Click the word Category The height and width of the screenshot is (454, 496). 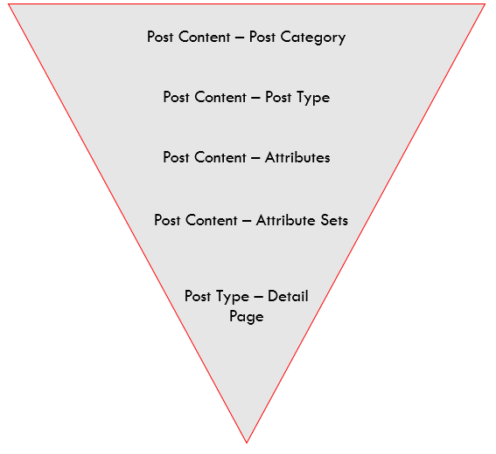tap(313, 38)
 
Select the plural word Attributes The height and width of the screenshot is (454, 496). tap(297, 157)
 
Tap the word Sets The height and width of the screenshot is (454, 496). tap(334, 220)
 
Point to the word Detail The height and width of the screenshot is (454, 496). tap(288, 296)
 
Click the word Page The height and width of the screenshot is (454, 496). tap(247, 317)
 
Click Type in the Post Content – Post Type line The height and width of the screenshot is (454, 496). tap(313, 98)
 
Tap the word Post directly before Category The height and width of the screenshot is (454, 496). tap(262, 37)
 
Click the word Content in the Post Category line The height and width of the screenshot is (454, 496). tap(205, 37)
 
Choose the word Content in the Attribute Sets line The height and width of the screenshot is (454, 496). tap(212, 220)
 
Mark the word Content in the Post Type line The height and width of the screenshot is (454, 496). tap(220, 97)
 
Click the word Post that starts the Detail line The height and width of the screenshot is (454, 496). tap(198, 296)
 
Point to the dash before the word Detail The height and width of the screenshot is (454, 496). tap(258, 297)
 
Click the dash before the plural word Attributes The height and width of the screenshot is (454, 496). tap(255, 158)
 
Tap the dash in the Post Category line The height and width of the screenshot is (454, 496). tap(240, 38)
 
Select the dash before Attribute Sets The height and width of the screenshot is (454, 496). tap(247, 221)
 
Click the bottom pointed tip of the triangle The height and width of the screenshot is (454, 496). tap(247, 443)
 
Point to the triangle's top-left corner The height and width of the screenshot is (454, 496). tap(9, 4)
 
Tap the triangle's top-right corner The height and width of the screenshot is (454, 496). tap(485, 4)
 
